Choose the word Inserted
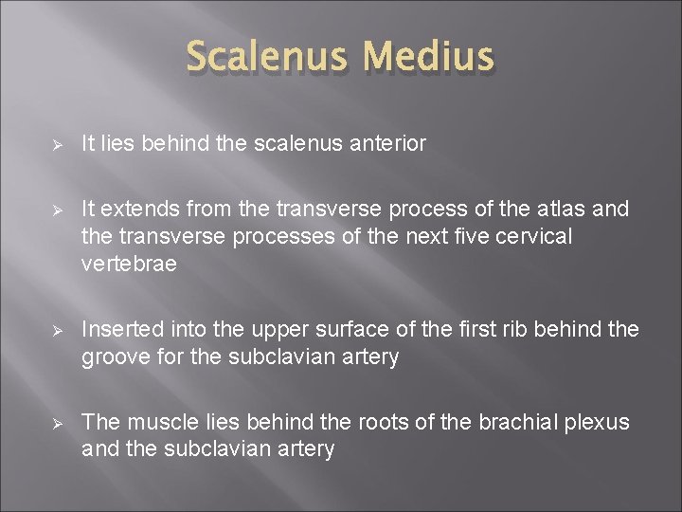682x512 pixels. click(x=120, y=329)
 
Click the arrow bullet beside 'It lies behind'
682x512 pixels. click(x=58, y=144)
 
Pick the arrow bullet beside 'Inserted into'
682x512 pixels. click(x=58, y=330)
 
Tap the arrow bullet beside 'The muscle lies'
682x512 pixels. click(x=58, y=422)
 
